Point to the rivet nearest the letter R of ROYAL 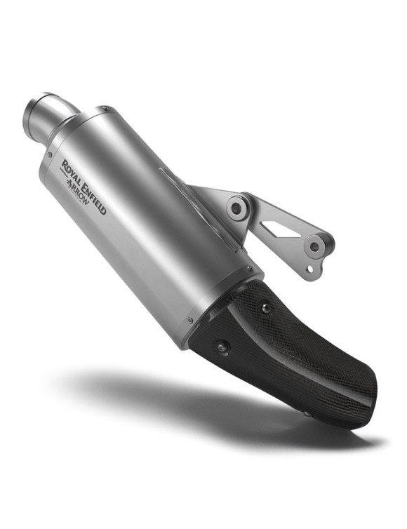[50, 154]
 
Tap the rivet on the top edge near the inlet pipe [105, 109]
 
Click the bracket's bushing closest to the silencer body [239, 209]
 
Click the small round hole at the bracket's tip [310, 269]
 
